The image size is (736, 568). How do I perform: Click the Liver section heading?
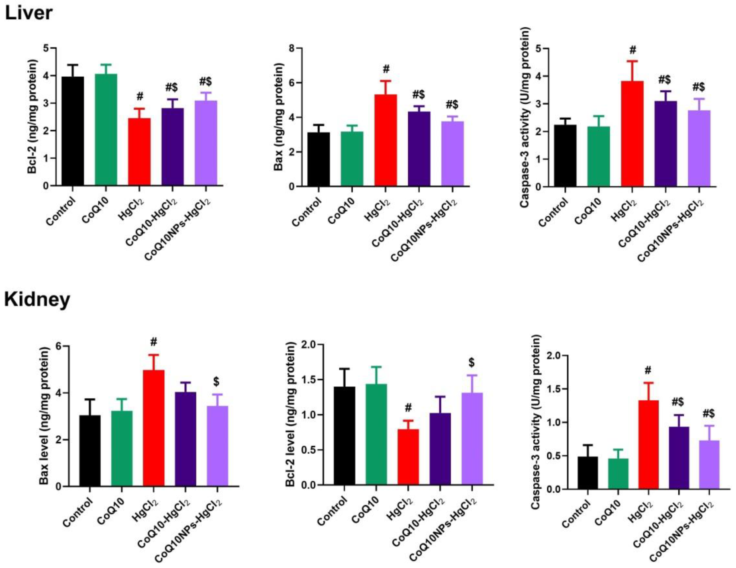(x=29, y=14)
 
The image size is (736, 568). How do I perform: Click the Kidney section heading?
(x=37, y=299)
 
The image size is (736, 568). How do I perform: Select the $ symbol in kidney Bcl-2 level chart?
(x=471, y=362)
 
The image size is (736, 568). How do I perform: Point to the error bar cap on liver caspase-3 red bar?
(x=632, y=61)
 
